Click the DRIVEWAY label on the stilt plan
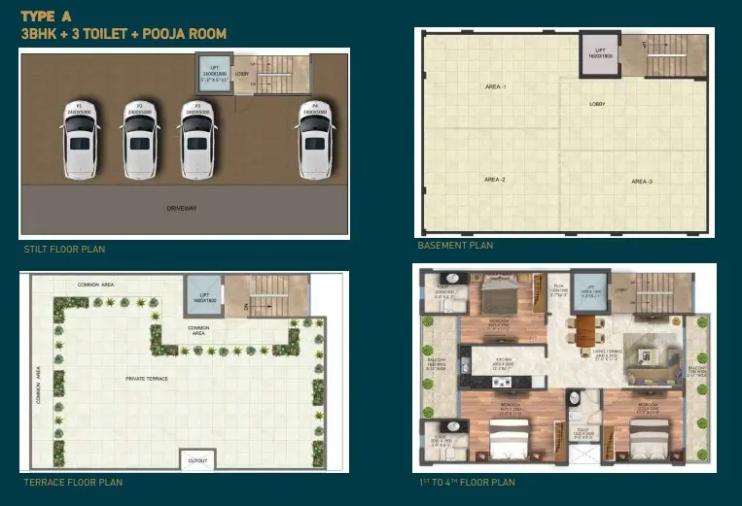[182, 209]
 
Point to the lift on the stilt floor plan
[214, 74]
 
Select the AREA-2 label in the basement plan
[495, 179]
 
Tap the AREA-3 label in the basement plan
[640, 182]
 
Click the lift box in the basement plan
[600, 54]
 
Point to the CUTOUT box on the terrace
[198, 458]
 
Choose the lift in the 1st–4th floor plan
[590, 294]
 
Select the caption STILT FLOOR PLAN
[64, 250]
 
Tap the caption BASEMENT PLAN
[455, 246]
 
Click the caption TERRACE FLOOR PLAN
[73, 483]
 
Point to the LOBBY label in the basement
[599, 103]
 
